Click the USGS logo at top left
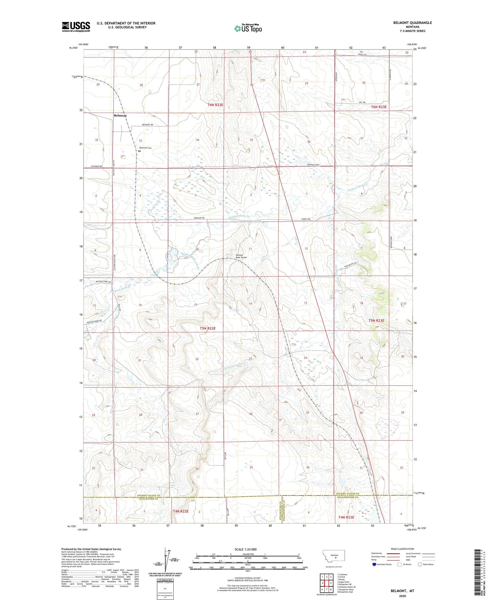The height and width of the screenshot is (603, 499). click(x=76, y=27)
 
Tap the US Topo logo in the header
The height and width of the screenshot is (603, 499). click(x=248, y=29)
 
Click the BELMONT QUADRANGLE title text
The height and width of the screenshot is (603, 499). click(x=413, y=23)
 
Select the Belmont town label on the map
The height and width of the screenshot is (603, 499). click(x=120, y=116)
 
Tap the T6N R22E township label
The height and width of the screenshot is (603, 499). click(x=215, y=105)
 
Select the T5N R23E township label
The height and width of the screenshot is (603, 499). click(x=376, y=321)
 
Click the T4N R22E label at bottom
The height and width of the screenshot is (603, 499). click(x=181, y=511)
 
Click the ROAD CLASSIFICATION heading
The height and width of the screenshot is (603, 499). click(x=403, y=549)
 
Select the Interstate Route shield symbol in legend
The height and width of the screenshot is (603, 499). click(x=374, y=564)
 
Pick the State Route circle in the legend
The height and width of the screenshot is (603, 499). click(x=420, y=564)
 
